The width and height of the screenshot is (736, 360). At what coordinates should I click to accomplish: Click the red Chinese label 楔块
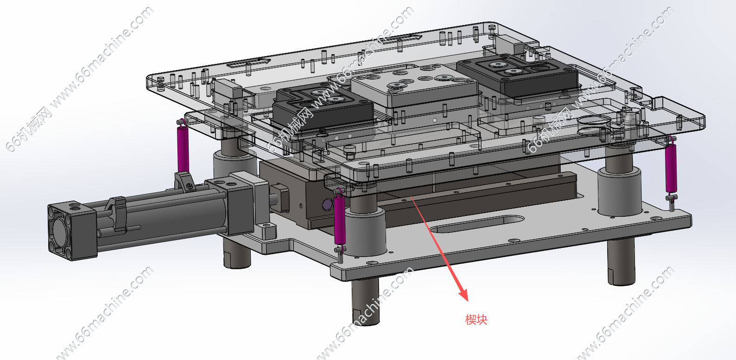476,319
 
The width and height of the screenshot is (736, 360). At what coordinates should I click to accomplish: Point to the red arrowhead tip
468,301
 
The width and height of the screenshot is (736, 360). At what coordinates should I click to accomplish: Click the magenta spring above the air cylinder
183,148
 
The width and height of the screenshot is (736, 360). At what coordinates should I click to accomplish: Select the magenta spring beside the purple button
340,220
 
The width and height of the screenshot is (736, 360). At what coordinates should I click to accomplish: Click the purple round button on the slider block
327,204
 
